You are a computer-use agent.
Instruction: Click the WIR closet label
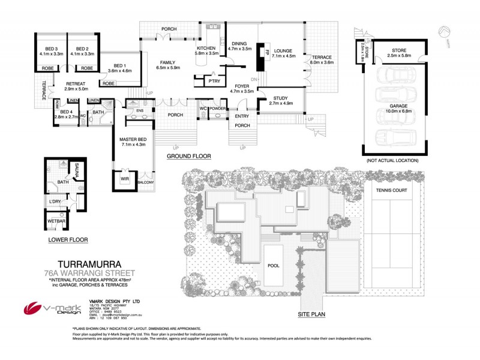tap(125, 178)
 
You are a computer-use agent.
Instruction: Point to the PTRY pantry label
tap(212, 81)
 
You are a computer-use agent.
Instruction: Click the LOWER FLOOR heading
tap(68, 240)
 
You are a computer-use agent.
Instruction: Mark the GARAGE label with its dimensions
tap(394, 107)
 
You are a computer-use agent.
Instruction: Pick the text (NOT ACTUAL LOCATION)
tap(393, 161)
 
